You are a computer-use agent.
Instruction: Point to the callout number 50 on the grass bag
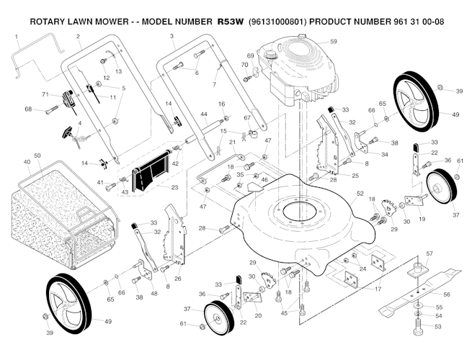37,156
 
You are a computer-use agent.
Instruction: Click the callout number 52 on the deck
360,194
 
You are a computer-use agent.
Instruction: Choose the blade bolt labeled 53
419,330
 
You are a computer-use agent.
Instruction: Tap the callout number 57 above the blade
429,253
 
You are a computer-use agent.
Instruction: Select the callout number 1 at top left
17,35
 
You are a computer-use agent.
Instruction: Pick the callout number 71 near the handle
45,95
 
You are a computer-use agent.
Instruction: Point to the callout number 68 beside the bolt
29,109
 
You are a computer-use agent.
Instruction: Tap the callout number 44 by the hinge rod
204,114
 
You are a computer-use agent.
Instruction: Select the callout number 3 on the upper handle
172,35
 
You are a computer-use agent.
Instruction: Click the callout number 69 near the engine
250,55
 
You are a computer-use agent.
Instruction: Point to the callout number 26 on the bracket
178,278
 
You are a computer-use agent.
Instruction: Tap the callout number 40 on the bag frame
27,162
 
